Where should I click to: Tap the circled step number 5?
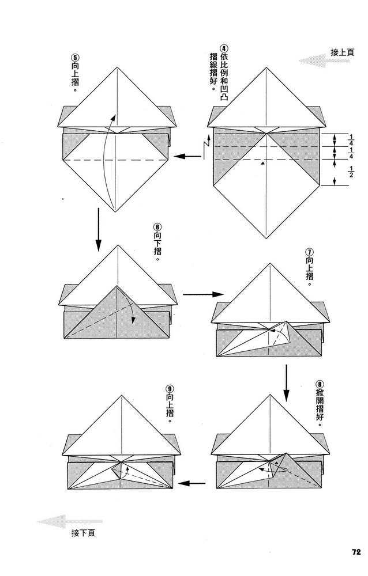point(75,58)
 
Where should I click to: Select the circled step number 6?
point(157,226)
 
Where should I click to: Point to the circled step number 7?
point(310,252)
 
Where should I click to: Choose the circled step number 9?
point(170,389)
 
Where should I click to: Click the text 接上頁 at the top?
point(342,52)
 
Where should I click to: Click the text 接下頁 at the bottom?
point(83,533)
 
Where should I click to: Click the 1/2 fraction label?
point(351,172)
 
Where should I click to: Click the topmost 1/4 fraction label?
point(351,140)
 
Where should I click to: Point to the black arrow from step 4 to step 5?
point(187,157)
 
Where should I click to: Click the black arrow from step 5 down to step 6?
point(98,230)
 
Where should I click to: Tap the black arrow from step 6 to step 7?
point(203,294)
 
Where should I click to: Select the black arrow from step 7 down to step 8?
point(286,383)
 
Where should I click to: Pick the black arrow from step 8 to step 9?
point(191,483)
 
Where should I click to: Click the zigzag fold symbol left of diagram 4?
point(206,146)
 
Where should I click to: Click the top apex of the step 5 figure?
point(117,67)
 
